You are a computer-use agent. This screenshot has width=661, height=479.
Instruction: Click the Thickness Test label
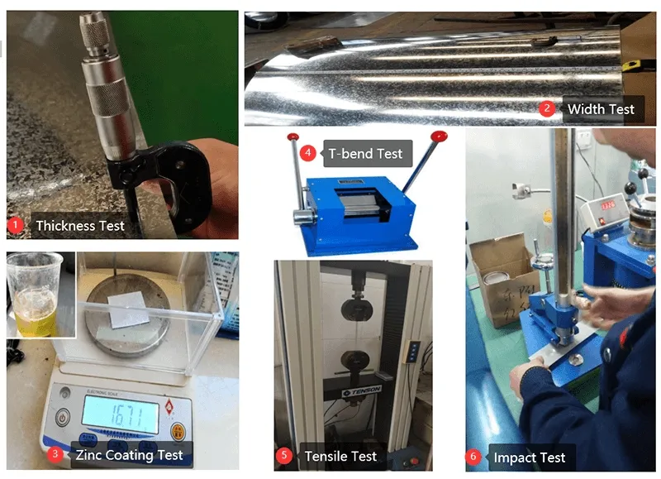79,225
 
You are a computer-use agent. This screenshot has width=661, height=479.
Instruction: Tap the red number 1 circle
14,224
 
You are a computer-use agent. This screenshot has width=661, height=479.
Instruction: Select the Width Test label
601,108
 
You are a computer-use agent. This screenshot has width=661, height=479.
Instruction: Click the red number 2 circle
546,108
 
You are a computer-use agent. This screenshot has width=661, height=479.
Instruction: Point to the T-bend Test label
365,153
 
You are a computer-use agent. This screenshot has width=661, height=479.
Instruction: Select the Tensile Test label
340,456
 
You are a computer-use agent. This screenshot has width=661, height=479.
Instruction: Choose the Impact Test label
530,457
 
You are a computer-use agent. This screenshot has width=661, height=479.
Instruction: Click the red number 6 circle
473,457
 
